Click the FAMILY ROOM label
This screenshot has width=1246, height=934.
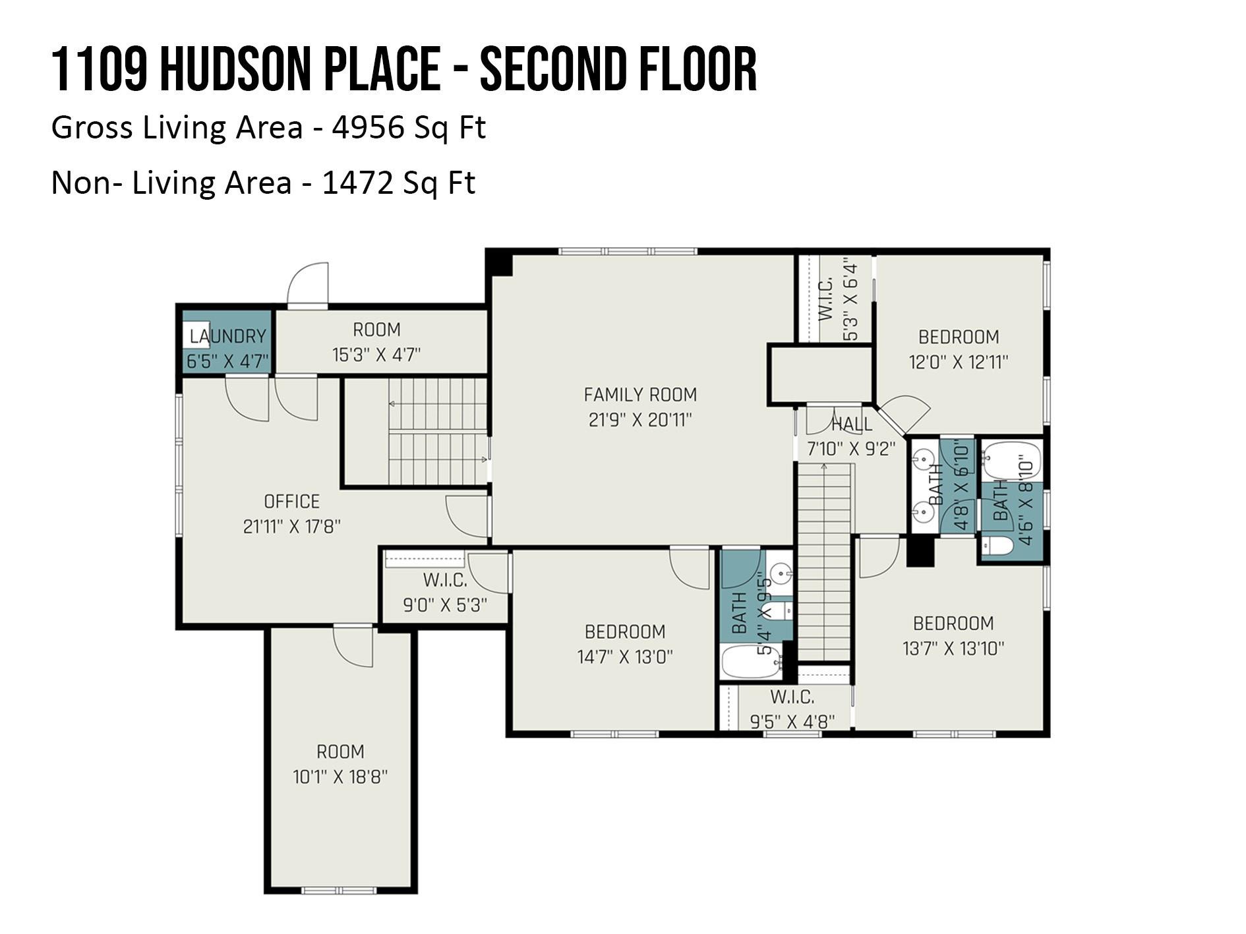click(639, 394)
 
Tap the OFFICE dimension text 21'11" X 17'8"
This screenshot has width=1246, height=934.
click(291, 527)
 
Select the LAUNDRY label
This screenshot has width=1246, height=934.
click(227, 336)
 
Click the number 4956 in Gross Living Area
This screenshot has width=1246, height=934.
click(368, 127)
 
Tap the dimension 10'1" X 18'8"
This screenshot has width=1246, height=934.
click(340, 776)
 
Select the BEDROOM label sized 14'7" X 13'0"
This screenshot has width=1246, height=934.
click(624, 631)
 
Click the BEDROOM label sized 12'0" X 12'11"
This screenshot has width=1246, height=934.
click(958, 337)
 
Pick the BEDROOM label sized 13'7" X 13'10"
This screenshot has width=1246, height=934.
click(953, 623)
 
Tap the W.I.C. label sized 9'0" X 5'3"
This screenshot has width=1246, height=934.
click(444, 580)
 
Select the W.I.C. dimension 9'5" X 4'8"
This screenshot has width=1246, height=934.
click(792, 721)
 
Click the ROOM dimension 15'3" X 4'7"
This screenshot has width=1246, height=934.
click(376, 355)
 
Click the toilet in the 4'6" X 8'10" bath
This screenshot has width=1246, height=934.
click(996, 546)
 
